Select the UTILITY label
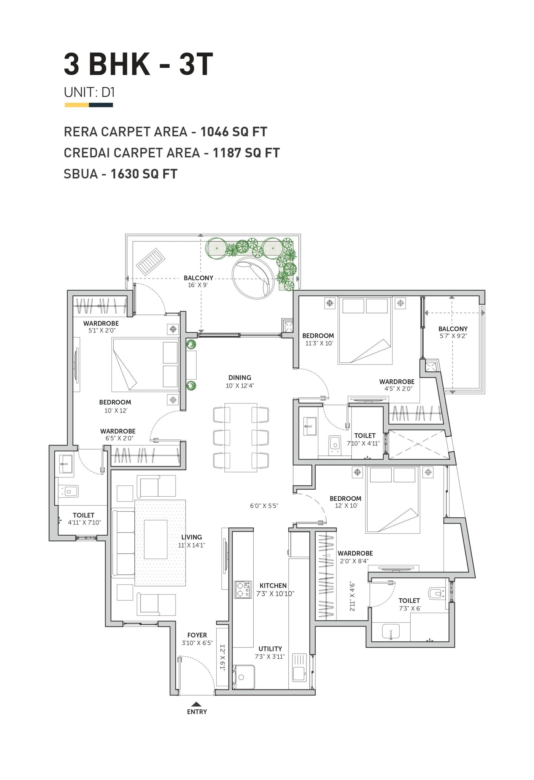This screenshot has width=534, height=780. click(270, 649)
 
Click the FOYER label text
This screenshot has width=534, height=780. click(197, 635)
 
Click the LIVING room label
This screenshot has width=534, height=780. click(191, 537)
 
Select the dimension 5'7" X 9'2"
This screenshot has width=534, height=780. click(454, 336)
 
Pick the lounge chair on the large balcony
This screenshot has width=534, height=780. click(151, 262)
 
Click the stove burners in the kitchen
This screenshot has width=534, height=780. click(243, 590)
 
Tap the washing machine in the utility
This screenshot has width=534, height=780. click(243, 677)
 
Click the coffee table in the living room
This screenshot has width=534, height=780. click(156, 539)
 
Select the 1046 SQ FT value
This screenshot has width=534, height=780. click(234, 132)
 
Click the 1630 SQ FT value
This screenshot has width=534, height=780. click(144, 174)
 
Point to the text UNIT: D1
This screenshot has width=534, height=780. click(89, 92)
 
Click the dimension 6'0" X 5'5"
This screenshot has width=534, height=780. click(264, 506)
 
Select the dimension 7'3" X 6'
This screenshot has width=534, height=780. click(410, 608)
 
